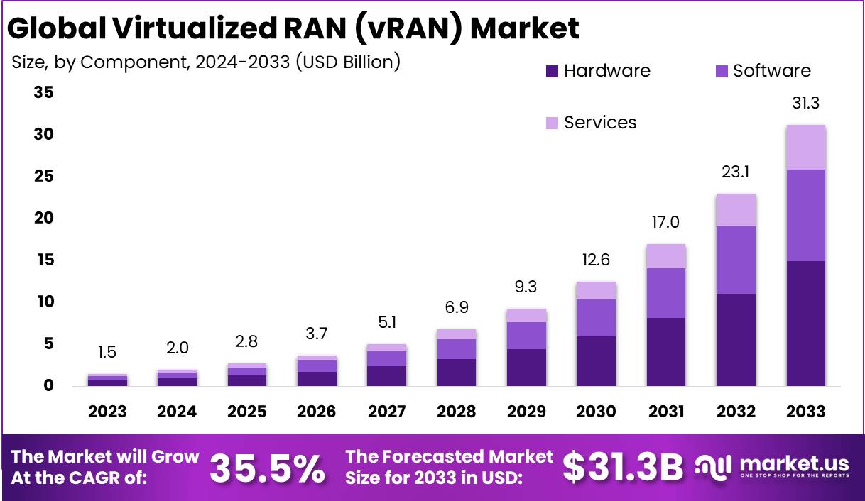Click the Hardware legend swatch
(x=553, y=71)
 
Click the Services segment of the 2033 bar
(x=805, y=147)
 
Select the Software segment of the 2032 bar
(x=736, y=260)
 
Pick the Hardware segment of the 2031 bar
(x=665, y=351)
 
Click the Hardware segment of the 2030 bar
(x=596, y=360)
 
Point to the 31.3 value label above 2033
(x=805, y=104)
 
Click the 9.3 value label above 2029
(x=526, y=287)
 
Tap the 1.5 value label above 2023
(x=107, y=353)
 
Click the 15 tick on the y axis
(x=44, y=260)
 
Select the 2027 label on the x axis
(x=386, y=412)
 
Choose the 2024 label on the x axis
(x=177, y=412)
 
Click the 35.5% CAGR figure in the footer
(x=268, y=468)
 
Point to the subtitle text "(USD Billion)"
(x=348, y=62)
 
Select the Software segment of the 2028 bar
(x=456, y=349)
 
